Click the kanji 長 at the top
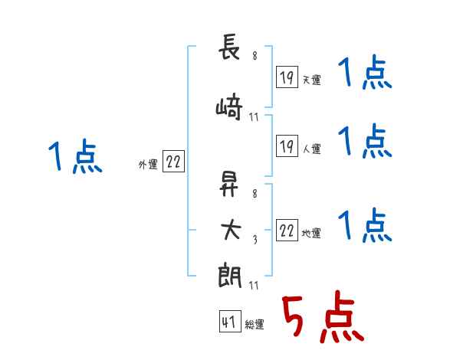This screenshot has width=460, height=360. [229, 47]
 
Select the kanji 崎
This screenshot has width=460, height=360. [229, 106]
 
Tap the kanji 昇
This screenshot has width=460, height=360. [228, 184]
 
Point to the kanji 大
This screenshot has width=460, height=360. [231, 230]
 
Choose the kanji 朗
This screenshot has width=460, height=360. [230, 275]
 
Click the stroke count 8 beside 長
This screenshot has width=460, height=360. [255, 55]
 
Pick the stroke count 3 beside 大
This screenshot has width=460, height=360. [255, 240]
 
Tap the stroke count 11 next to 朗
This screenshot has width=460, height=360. [254, 285]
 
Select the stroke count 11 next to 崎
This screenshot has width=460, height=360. [254, 117]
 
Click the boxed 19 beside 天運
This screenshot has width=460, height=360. [287, 77]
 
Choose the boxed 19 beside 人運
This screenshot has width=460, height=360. [287, 146]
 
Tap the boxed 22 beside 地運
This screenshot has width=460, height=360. [287, 230]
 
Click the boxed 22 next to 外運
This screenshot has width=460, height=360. [173, 161]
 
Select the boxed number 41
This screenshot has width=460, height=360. [230, 321]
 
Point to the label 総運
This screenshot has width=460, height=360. [255, 325]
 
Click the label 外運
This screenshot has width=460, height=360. [148, 165]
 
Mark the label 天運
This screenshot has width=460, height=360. [312, 80]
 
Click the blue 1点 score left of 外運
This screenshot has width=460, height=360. [75, 156]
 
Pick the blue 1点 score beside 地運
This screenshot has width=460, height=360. [365, 225]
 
